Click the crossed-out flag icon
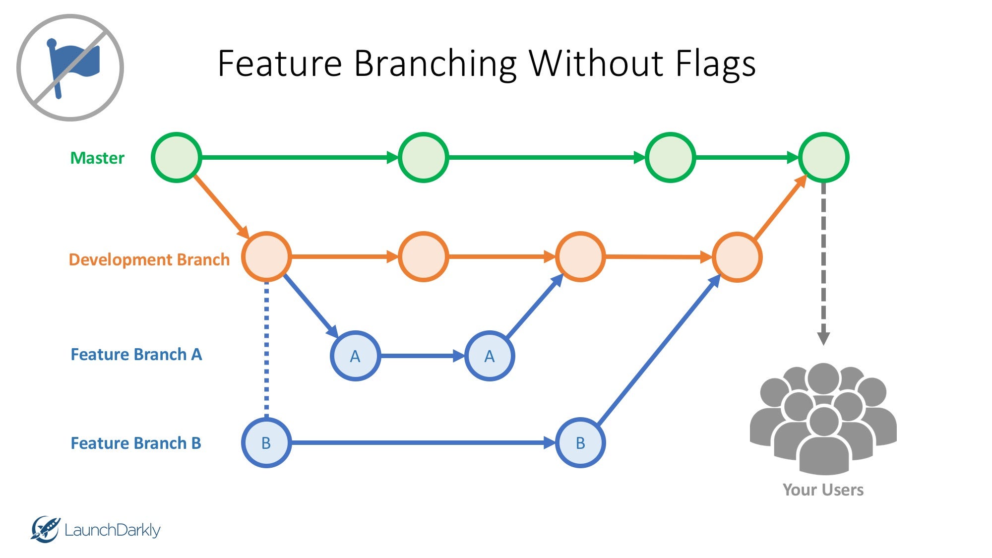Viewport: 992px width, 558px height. point(70,67)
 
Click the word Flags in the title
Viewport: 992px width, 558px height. point(715,63)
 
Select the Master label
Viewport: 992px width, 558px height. point(97,158)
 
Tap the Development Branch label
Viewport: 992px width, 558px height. point(149,259)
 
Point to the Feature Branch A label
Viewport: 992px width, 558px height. point(136,354)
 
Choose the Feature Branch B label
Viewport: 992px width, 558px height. point(135,443)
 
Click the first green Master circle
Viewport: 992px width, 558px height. point(176,158)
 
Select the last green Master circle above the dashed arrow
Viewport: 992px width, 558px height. point(823,158)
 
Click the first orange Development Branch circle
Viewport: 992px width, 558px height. point(266,257)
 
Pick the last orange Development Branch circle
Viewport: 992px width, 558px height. point(737,257)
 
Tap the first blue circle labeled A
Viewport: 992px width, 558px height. point(355,356)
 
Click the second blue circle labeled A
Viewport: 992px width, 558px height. point(490,356)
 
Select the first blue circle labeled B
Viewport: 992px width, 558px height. point(266,443)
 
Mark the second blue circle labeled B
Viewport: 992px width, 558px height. point(580,443)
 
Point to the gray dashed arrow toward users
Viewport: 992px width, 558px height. point(823,263)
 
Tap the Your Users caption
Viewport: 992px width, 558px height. point(823,490)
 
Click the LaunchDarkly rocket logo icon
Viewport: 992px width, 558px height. point(45,529)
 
